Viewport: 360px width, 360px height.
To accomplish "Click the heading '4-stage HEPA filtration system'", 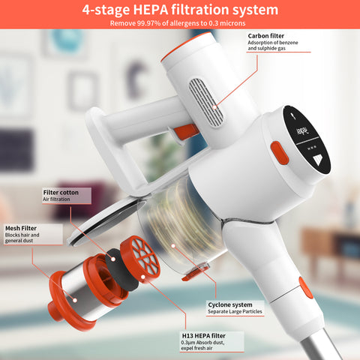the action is point(180,10).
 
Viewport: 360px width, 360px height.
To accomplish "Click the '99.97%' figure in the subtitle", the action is point(148,23).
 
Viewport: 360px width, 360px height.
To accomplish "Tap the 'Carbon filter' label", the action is point(266,36).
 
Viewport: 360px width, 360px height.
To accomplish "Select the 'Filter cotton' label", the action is point(61,193).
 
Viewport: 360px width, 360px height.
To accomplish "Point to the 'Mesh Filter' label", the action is point(21,228).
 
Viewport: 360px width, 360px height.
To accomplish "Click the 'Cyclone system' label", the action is point(230,304).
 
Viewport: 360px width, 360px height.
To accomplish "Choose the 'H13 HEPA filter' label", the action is point(204,336).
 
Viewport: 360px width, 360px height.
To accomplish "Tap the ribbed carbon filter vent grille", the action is point(205,103).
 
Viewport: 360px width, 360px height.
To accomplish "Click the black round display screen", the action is point(307,139).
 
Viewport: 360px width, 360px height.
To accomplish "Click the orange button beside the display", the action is point(280,153).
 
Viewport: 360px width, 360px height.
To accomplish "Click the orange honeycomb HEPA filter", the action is point(140,259).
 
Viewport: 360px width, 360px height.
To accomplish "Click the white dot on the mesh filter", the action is point(75,300).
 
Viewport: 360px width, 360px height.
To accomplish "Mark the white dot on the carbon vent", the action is point(214,107).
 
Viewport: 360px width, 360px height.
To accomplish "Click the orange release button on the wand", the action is point(305,287).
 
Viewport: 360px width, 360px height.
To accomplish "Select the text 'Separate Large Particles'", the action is point(235,311).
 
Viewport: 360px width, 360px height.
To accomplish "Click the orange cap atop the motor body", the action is point(186,46).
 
